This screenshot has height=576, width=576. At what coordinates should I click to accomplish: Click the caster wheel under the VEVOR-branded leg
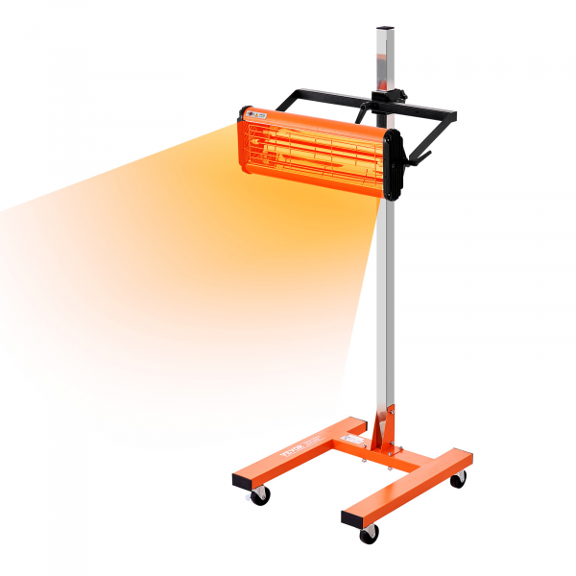tap(259, 495)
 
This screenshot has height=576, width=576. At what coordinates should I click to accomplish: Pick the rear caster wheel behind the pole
tap(458, 478)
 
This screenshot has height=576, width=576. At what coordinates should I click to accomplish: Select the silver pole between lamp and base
tap(387, 307)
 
